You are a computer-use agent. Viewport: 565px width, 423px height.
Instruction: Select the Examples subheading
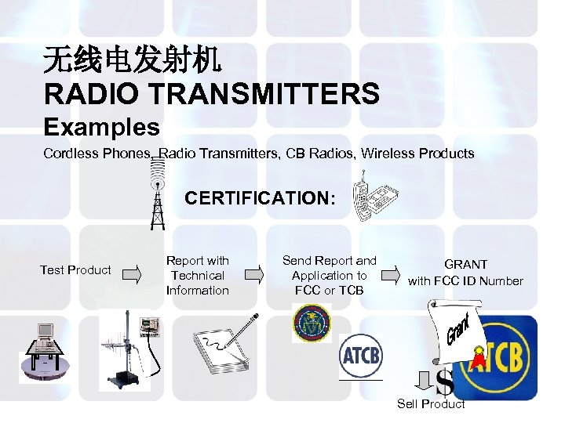pos(101,127)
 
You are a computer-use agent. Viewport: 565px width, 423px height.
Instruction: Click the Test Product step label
pos(75,270)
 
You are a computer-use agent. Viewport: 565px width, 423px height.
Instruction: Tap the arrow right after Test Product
pos(132,274)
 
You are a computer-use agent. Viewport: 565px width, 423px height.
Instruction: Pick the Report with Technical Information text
pos(198,275)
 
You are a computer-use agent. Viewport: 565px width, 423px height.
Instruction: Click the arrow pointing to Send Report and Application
pos(253,274)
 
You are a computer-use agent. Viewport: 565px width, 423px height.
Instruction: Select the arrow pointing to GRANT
pos(390,274)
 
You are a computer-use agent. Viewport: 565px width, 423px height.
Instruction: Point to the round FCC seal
pos(312,323)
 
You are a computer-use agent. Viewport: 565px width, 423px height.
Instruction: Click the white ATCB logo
pos(360,357)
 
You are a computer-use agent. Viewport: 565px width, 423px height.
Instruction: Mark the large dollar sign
pos(444,383)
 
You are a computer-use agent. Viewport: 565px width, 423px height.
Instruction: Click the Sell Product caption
pos(431,404)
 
